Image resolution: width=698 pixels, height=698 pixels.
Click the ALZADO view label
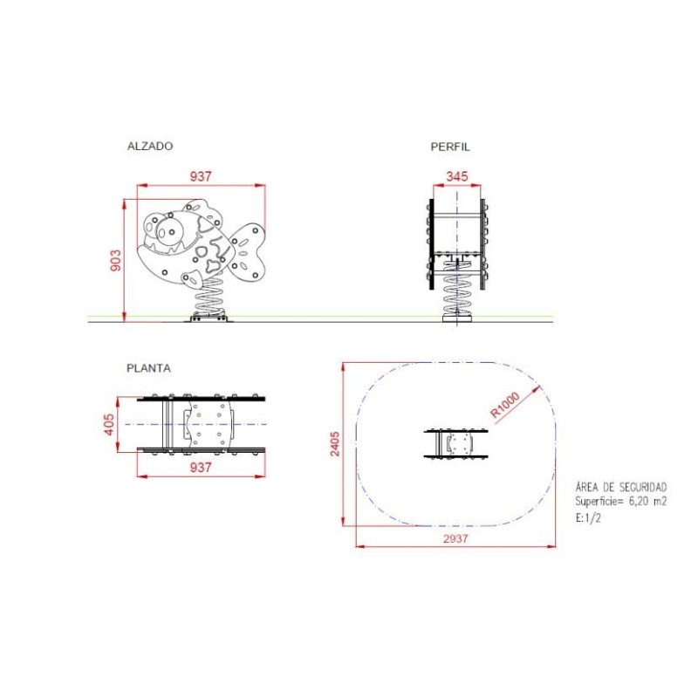click(x=150, y=146)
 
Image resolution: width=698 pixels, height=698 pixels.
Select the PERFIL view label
click(x=450, y=147)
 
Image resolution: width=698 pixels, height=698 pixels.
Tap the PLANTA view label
click(x=148, y=368)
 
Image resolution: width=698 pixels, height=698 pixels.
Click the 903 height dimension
click(x=115, y=260)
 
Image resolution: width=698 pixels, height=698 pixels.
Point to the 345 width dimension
click(x=457, y=176)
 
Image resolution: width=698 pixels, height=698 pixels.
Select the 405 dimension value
click(x=109, y=425)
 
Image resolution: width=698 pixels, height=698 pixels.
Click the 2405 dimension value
click(x=335, y=444)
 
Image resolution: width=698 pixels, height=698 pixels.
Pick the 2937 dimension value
click(x=455, y=538)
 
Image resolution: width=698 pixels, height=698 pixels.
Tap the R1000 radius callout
click(x=505, y=405)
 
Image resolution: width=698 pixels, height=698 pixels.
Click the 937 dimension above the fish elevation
click(x=201, y=176)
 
